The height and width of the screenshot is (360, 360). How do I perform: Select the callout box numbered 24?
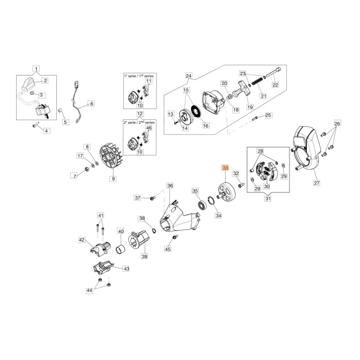click(189, 76)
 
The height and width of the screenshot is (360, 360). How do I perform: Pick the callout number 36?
click(170, 185)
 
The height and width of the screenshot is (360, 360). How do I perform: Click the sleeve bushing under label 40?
click(120, 249)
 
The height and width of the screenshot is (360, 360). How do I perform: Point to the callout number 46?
click(148, 128)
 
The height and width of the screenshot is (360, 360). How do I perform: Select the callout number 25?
click(268, 116)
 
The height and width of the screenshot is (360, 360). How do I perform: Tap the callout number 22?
click(275, 85)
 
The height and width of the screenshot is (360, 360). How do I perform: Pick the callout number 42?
click(82, 240)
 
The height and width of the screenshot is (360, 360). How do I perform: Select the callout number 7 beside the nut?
click(75, 175)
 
